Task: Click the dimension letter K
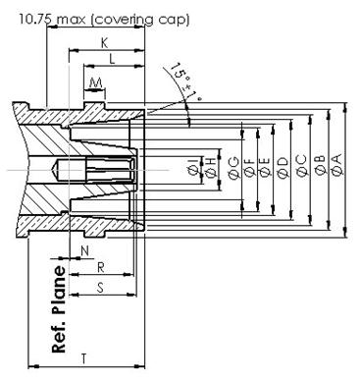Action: point(104,43)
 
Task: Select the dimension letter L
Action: point(112,59)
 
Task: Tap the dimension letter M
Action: point(95,82)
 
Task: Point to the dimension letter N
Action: point(84,251)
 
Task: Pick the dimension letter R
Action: point(101,268)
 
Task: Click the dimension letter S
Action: point(101,288)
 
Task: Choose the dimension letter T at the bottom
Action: point(84,358)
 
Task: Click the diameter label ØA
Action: point(336,165)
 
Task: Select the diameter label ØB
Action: point(320,165)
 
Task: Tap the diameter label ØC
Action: point(301,166)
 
